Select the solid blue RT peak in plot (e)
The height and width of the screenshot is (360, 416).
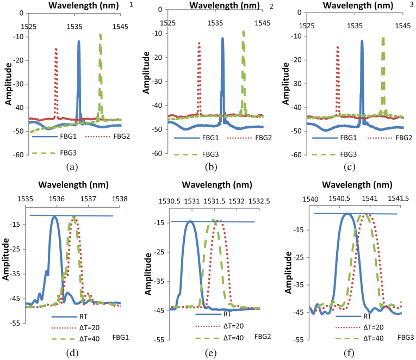click(190, 222)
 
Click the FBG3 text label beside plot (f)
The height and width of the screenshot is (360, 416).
click(406, 338)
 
